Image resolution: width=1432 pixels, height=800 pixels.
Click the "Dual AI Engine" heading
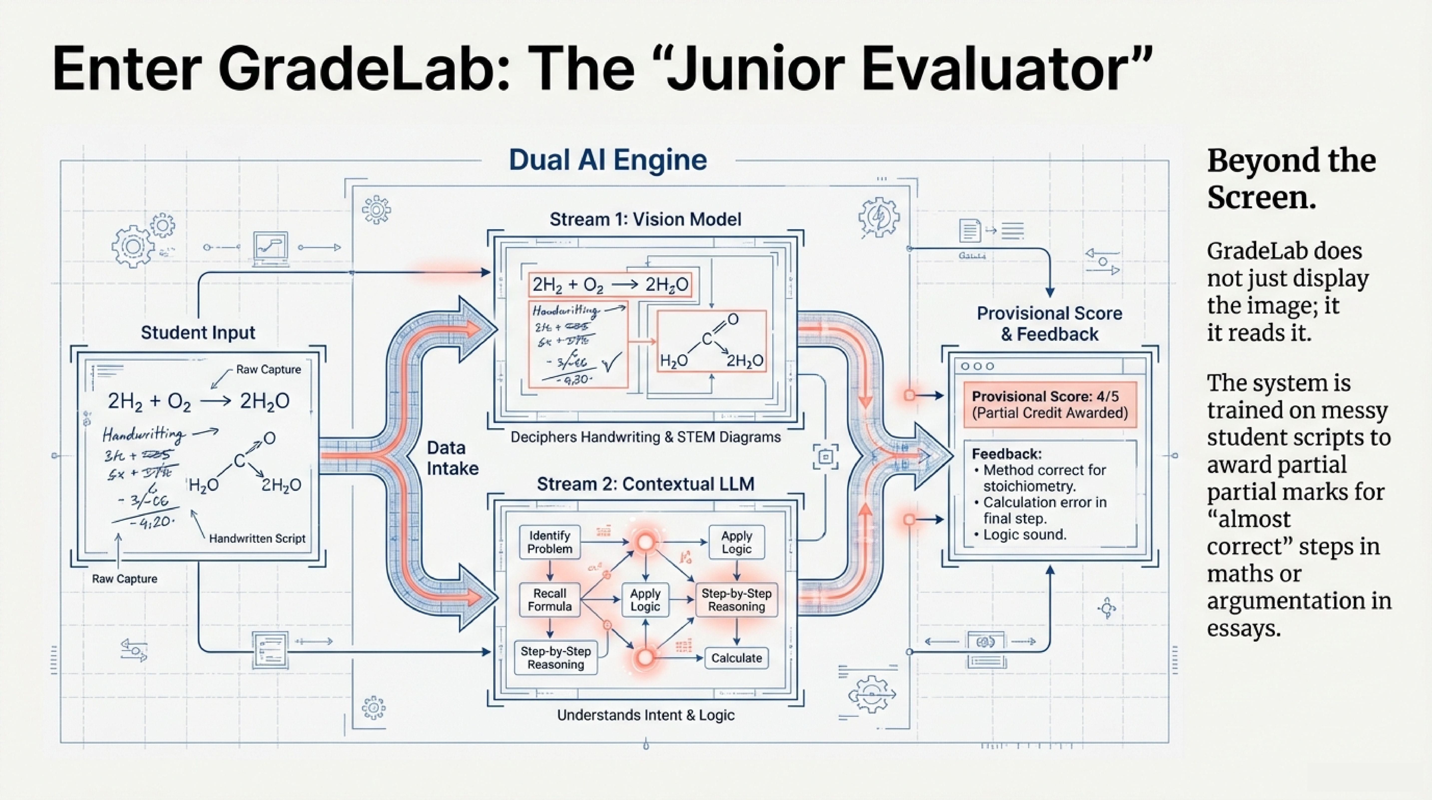608,160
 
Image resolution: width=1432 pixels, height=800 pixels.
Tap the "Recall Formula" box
549,600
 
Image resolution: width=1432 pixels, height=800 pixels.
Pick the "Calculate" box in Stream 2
736,658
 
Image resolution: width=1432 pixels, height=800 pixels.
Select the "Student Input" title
198,333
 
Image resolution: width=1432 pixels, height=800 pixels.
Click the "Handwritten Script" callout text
257,538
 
